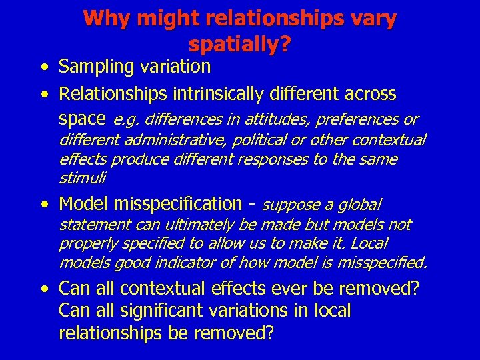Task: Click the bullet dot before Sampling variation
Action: [43, 67]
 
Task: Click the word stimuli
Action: [82, 179]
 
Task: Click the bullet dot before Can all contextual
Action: [43, 290]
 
